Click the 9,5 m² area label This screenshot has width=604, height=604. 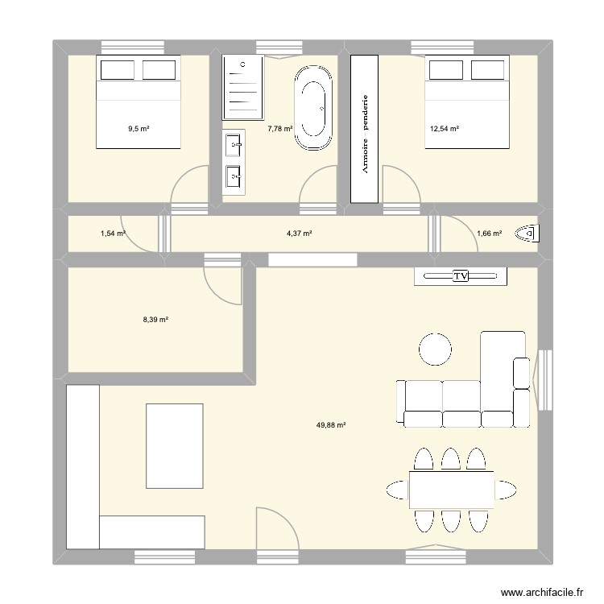coord(139,127)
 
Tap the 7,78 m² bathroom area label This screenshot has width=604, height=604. coord(279,127)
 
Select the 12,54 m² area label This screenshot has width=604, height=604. coord(444,127)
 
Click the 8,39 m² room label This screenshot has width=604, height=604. coord(155,320)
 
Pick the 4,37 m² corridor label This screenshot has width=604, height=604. coord(299,234)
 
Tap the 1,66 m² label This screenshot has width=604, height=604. coord(489,234)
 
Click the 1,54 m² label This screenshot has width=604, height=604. coord(113,234)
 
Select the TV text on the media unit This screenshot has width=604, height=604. coord(461,276)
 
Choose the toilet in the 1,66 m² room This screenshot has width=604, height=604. coord(532,234)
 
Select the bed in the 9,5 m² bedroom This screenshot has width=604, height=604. coord(138,101)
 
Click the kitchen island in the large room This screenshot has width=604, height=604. coord(175,445)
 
